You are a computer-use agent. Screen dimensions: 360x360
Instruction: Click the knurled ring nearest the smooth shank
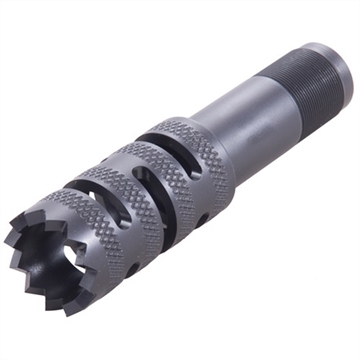200,165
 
